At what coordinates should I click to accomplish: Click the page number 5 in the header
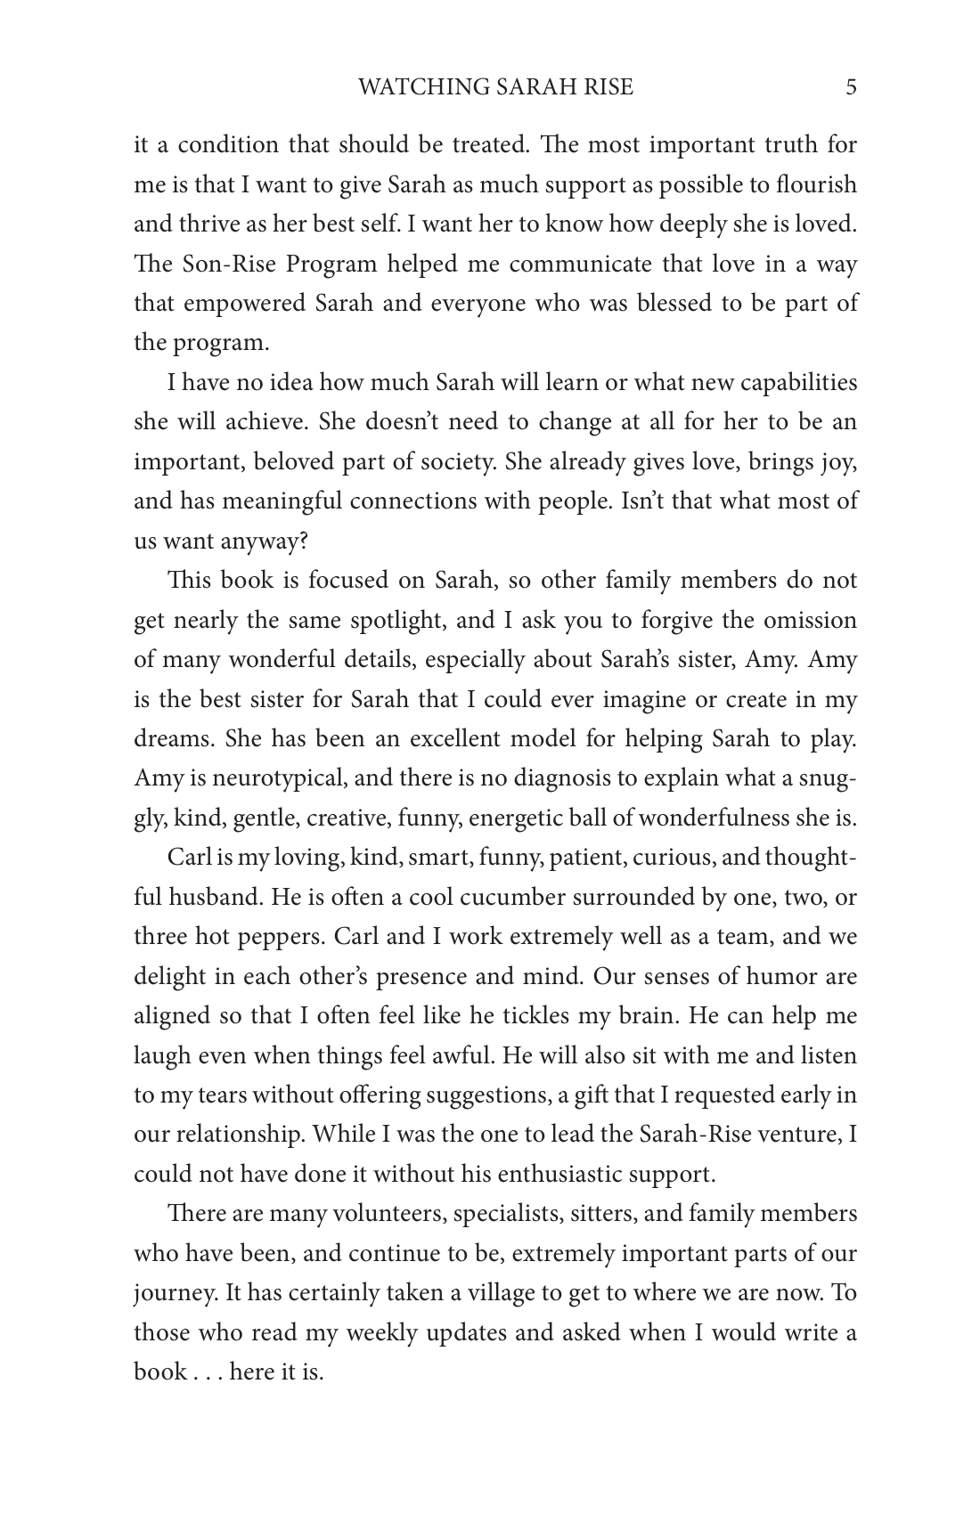pos(851,87)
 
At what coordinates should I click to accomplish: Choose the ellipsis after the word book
pos(208,1373)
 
